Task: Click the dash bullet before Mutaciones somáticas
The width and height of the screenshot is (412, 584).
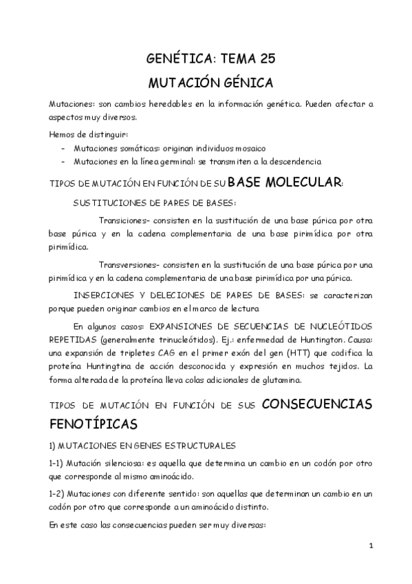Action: pos(64,149)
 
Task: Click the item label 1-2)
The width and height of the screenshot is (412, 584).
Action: pos(59,494)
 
